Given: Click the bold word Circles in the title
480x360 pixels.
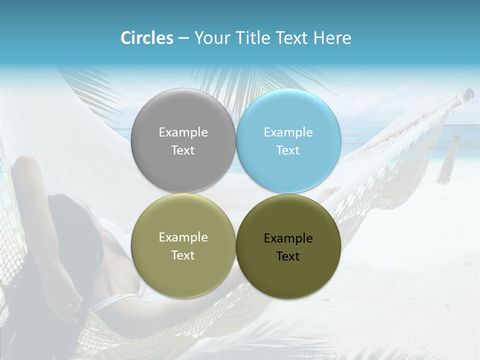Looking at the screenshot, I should coord(147,38).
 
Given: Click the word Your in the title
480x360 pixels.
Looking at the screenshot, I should coord(212,38).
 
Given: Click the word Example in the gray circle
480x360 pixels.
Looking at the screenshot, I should coord(183,132).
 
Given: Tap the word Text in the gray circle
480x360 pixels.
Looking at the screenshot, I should coord(183,150).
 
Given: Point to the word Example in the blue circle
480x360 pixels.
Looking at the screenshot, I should coord(288,132).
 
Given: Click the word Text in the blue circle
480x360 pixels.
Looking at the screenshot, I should coord(288,150).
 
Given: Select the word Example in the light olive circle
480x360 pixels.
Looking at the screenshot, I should coord(183,237).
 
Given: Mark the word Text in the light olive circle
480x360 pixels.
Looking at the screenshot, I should coord(183,255).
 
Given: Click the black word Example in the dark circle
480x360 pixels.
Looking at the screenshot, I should coord(288,238).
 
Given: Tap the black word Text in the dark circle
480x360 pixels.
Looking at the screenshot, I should coord(288,256).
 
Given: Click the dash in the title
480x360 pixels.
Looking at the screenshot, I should coord(183,38).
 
